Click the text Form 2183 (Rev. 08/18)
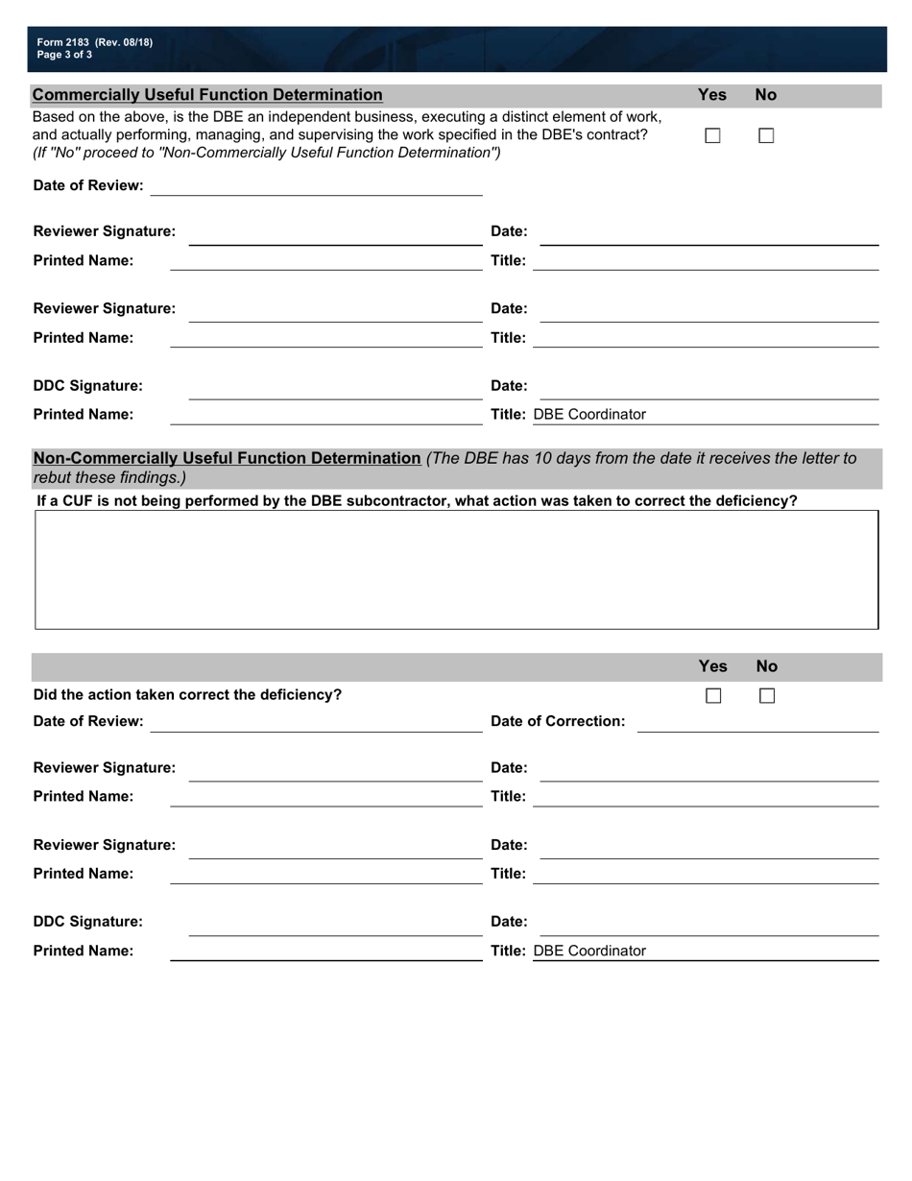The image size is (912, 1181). click(94, 42)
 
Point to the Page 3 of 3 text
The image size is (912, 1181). click(65, 55)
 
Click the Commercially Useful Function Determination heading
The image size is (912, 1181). click(207, 95)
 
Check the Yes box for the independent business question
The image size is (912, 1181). click(712, 136)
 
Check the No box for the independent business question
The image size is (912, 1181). click(766, 136)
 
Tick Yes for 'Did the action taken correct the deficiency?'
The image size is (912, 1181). click(713, 696)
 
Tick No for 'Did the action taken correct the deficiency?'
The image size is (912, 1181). click(767, 696)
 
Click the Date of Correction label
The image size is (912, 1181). click(558, 721)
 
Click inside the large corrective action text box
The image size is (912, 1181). click(457, 569)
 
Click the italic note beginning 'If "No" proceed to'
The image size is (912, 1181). click(267, 153)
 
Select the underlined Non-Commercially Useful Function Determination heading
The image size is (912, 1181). click(227, 459)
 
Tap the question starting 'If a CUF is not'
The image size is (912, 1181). click(417, 501)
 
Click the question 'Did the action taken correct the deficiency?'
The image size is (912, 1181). click(187, 695)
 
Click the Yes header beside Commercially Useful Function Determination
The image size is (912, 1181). click(711, 95)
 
